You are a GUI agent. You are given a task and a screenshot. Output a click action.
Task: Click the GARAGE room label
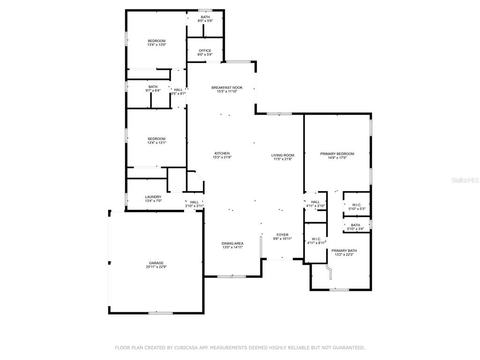157,263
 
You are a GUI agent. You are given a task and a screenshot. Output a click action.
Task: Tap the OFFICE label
205,51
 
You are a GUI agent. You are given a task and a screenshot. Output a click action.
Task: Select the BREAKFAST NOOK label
227,88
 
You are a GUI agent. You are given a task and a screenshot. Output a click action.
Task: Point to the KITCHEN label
222,153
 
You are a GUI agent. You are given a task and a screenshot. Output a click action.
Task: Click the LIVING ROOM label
283,155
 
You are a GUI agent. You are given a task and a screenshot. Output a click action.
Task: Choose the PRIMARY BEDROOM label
337,154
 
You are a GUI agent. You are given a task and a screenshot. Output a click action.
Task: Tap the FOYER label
282,235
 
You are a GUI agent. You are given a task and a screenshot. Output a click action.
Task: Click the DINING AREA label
232,243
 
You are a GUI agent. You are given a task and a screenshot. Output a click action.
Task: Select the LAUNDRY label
153,197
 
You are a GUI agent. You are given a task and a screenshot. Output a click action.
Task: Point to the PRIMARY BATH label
344,251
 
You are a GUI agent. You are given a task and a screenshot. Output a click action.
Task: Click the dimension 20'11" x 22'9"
157,267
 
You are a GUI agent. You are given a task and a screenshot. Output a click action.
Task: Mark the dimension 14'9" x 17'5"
337,158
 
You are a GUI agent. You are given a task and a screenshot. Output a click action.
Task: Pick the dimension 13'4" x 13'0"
157,45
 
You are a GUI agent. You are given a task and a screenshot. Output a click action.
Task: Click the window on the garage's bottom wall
161,313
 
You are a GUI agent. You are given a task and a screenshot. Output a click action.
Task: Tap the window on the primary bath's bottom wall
339,290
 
